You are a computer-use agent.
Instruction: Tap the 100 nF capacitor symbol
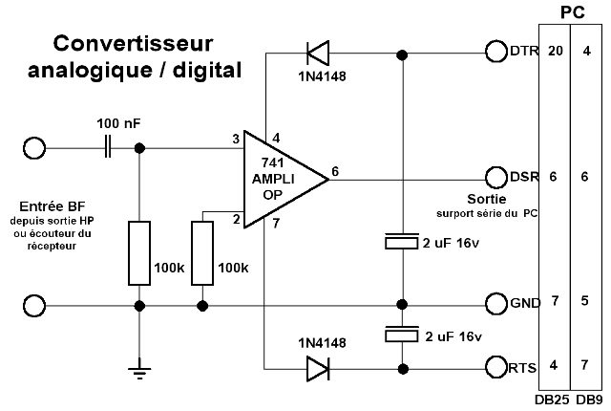click(x=108, y=147)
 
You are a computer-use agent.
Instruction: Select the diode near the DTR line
click(x=315, y=51)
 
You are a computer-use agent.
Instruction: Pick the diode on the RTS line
click(x=315, y=367)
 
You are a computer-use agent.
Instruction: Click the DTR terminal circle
click(x=496, y=51)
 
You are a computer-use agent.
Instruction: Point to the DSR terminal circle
click(x=496, y=178)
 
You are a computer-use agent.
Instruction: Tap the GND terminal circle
click(x=496, y=305)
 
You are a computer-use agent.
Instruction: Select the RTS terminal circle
click(x=496, y=367)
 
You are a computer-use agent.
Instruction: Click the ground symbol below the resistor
click(x=140, y=363)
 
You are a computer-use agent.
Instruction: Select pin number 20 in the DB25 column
click(x=554, y=51)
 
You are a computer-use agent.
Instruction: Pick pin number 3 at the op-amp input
click(x=235, y=140)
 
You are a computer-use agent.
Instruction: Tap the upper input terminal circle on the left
click(x=34, y=147)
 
